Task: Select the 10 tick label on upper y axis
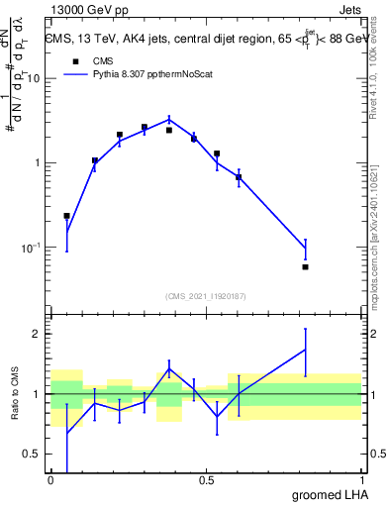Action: [34, 79]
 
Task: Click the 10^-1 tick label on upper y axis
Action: [31, 248]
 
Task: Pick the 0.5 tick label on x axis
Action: [206, 480]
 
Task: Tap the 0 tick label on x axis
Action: [50, 480]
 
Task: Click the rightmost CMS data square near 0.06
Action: [305, 266]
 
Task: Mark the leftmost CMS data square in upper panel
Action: [66, 215]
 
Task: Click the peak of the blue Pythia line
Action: [169, 119]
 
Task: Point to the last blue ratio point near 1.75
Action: [305, 350]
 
